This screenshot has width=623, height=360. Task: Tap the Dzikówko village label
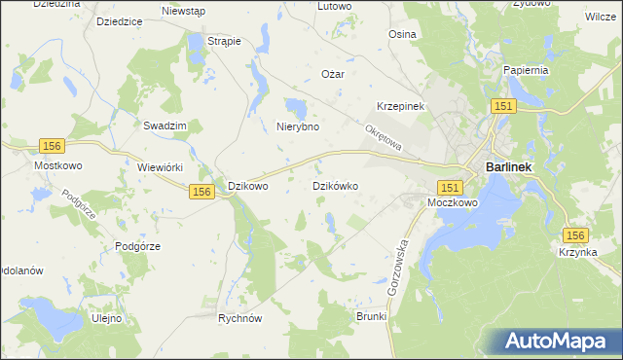(337, 185)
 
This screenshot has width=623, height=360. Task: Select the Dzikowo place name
(247, 185)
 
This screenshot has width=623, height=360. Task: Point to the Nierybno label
(299, 126)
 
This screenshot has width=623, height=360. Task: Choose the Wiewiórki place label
(162, 167)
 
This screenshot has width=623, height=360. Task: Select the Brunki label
(371, 317)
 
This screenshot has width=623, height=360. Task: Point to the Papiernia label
(528, 70)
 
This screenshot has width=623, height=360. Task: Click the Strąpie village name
(225, 41)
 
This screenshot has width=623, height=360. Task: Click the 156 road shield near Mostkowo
(53, 145)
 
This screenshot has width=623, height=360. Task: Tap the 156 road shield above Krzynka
(576, 236)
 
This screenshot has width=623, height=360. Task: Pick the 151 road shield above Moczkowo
(449, 186)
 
